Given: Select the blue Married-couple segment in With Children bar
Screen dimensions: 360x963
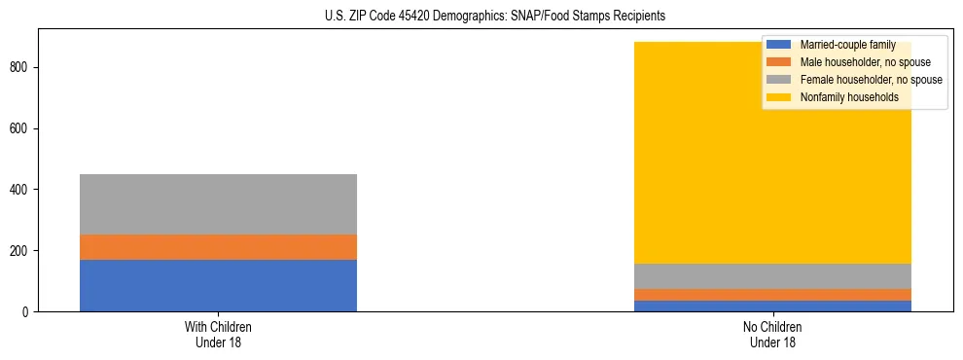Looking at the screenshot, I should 218,285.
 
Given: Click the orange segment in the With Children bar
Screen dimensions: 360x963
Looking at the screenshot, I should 218,247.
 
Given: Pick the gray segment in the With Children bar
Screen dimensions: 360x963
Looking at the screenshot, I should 218,204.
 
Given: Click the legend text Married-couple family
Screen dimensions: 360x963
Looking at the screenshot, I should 847,45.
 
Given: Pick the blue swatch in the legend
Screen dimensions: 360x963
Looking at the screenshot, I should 778,45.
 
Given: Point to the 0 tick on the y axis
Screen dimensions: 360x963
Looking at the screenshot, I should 28,312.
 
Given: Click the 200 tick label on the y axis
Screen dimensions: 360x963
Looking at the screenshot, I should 22,251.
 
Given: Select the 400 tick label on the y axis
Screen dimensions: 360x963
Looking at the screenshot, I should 22,190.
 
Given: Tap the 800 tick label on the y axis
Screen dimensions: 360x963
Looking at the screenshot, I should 22,67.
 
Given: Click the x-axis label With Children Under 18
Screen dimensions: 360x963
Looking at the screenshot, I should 218,335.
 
